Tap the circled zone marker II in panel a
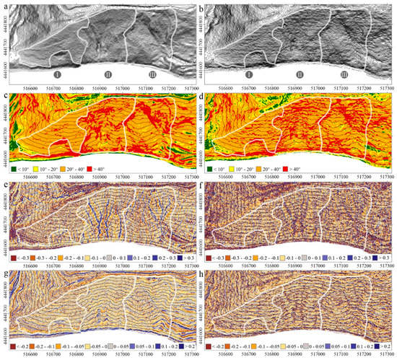pos(108,74)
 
